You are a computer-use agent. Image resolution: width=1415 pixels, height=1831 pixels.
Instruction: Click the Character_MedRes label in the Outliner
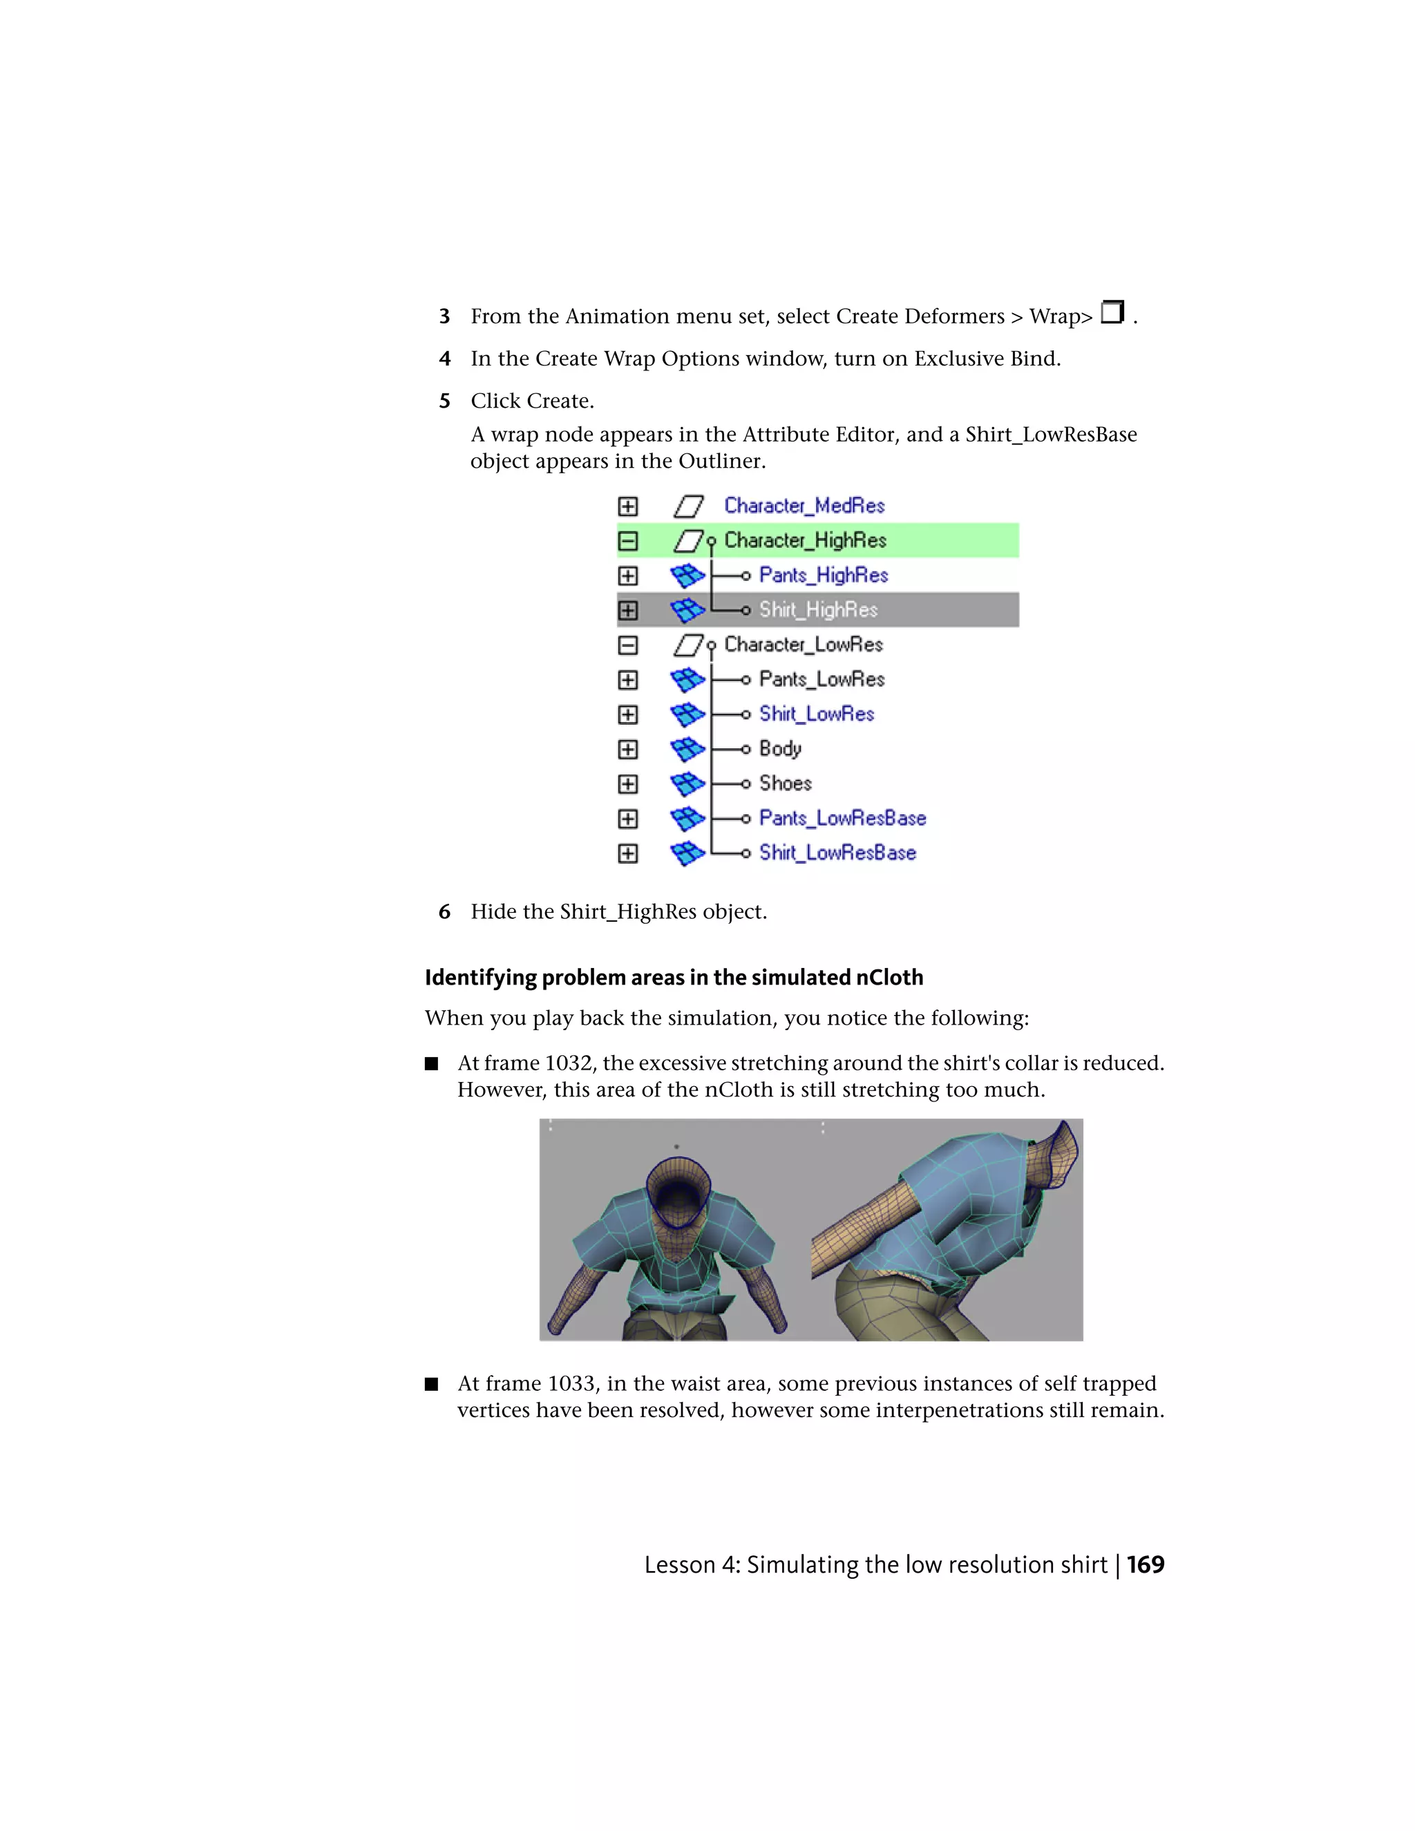point(804,506)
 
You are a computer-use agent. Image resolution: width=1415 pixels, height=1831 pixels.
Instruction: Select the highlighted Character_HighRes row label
point(805,541)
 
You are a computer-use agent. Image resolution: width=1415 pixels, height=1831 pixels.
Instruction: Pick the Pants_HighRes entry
point(823,575)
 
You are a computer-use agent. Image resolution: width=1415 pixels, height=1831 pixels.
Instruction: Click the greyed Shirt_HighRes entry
point(818,610)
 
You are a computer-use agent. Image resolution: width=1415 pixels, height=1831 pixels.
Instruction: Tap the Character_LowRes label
point(803,645)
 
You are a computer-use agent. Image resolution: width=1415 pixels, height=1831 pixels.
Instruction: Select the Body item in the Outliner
point(779,749)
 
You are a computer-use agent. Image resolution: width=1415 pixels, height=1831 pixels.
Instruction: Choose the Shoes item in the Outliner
point(786,783)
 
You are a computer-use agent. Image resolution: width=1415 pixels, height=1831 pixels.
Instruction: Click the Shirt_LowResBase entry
point(837,853)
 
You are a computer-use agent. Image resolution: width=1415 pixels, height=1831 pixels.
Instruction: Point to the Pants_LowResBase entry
point(842,818)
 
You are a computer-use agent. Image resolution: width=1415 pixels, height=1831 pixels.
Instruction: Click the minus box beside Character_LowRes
point(628,645)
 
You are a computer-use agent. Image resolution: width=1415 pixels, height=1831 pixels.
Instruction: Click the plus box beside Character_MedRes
point(628,506)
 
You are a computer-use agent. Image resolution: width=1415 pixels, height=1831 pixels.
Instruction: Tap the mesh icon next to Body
point(687,749)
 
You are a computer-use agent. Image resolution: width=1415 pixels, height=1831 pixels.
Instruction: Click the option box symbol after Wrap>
point(1112,313)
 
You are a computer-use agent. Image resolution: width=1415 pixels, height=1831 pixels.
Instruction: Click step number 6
point(444,912)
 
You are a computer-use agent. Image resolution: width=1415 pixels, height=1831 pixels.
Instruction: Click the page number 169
point(1145,1565)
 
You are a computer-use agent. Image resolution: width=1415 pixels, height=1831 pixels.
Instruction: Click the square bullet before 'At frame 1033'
point(432,1384)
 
